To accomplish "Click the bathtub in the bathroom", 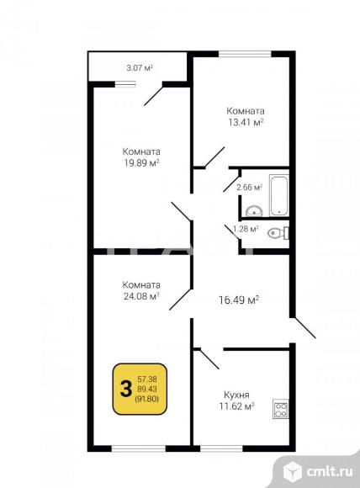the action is pyautogui.click(x=278, y=195).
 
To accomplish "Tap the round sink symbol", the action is pyautogui.click(x=254, y=211).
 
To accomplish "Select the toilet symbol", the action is pyautogui.click(x=278, y=233).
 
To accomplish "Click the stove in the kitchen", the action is pyautogui.click(x=280, y=409).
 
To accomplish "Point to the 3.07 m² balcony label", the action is pyautogui.click(x=140, y=68).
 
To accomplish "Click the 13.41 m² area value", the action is pyautogui.click(x=246, y=122).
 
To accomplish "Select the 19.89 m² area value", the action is pyautogui.click(x=142, y=162).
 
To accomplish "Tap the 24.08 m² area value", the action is pyautogui.click(x=141, y=296).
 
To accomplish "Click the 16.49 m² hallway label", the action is pyautogui.click(x=239, y=300).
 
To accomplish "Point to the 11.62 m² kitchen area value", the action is pyautogui.click(x=237, y=406).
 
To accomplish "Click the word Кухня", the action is pyautogui.click(x=236, y=395).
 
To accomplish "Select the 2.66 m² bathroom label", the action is pyautogui.click(x=250, y=188).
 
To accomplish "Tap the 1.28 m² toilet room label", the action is pyautogui.click(x=246, y=229).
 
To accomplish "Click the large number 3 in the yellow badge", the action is pyautogui.click(x=125, y=389).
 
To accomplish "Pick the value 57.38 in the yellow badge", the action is pyautogui.click(x=147, y=379).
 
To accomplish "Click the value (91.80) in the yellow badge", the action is pyautogui.click(x=146, y=399).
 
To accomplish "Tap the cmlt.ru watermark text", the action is pyautogui.click(x=330, y=471).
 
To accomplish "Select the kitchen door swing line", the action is pyautogui.click(x=209, y=358).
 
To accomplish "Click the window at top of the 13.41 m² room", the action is pyautogui.click(x=245, y=54).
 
